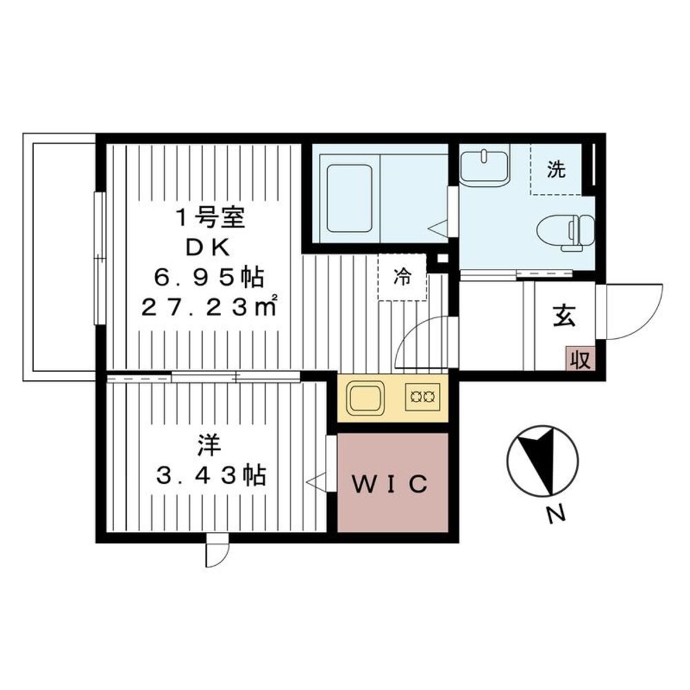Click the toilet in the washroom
point(566,231)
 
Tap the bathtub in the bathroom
point(350,199)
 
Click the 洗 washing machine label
point(557,170)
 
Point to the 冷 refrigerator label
point(402,277)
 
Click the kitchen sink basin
point(364,399)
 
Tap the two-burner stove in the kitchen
point(422,397)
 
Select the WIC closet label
point(390,484)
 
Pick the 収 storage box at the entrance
point(580,358)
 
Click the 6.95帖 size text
point(208,278)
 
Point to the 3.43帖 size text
point(211,475)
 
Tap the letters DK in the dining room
point(208,249)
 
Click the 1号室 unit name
point(210,218)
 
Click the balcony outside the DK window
point(60,257)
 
